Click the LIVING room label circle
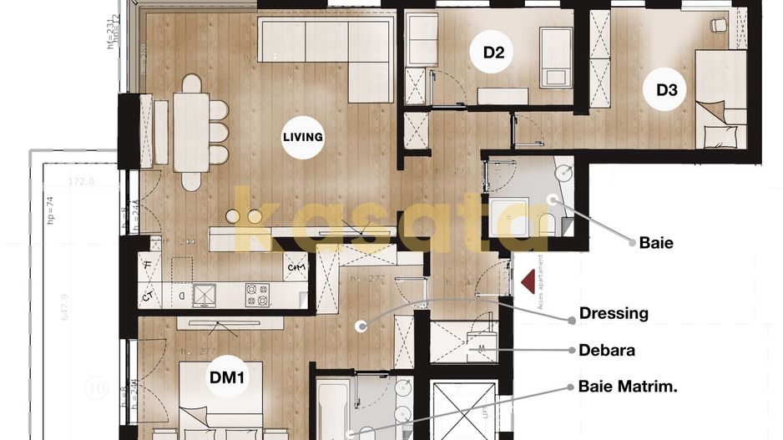[x=302, y=137]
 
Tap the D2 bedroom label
[x=494, y=53]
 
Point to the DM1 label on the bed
[x=226, y=378]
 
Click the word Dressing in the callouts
[x=614, y=314]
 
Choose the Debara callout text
[x=607, y=350]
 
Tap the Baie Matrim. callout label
[x=628, y=387]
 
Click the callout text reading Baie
[x=655, y=244]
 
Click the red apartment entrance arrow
[x=528, y=281]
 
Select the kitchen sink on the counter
[x=204, y=295]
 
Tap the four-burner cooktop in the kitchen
[x=257, y=294]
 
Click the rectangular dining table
[x=191, y=132]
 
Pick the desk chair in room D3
[x=718, y=26]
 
